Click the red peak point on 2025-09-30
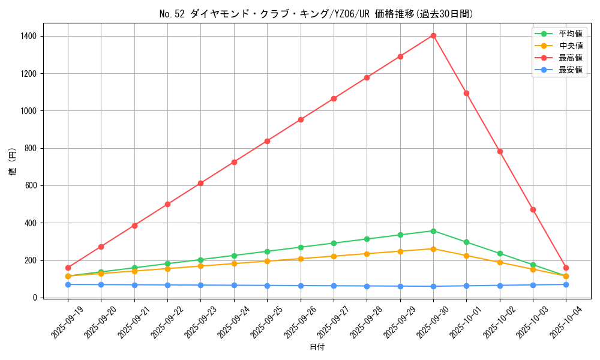pos(433,35)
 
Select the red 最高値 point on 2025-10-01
pos(466,93)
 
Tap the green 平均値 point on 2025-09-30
pos(433,231)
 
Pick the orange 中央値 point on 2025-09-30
pos(433,248)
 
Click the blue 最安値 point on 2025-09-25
pos(267,286)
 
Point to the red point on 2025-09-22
pos(167,204)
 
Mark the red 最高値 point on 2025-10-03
pos(533,209)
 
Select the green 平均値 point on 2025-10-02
pos(500,253)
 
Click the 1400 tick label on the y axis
pos(28,36)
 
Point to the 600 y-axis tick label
pos(30,185)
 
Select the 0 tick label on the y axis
pos(35,298)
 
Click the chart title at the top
pos(316,14)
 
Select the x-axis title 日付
pos(316,347)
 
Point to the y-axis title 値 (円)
pos(13,162)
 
